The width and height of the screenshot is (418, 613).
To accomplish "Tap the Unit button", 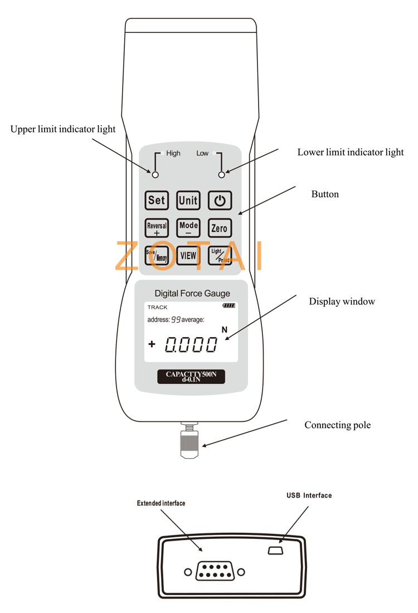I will coord(188,201).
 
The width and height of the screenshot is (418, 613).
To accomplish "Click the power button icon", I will coord(220,201).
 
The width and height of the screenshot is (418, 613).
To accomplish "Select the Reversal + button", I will coord(157,228).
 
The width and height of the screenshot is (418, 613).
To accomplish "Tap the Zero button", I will coord(220,228).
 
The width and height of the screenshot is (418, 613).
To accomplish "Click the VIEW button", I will coord(188,256).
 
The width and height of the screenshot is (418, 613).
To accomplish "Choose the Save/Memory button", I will coord(157,256).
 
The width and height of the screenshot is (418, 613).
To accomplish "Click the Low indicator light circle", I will coord(221,175).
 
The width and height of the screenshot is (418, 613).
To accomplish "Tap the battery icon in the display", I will coord(229,305).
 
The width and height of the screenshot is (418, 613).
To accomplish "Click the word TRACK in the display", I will coord(157,307).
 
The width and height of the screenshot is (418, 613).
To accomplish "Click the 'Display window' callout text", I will coord(342,301).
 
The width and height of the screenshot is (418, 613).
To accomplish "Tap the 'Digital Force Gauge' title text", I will coord(192,293).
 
